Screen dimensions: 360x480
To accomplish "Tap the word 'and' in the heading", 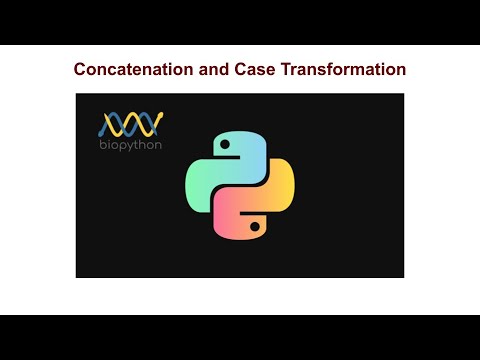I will pyautogui.click(x=218, y=70).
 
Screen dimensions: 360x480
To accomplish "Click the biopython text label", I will pyautogui.click(x=132, y=144).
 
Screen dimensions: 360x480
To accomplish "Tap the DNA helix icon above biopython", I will pyautogui.click(x=131, y=124).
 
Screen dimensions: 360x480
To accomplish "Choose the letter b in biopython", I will pyautogui.click(x=102, y=144).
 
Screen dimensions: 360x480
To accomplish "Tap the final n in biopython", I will pyautogui.click(x=159, y=144).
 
